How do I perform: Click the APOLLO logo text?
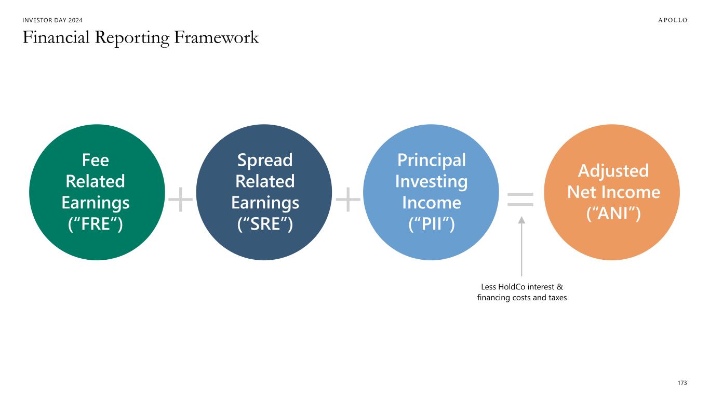[x=673, y=20]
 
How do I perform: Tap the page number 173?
[x=682, y=383]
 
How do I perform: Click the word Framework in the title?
[x=216, y=37]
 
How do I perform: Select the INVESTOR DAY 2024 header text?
[x=52, y=20]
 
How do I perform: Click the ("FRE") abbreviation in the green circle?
[x=95, y=223]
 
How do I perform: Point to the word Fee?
[x=95, y=160]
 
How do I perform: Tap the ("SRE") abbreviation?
[x=265, y=223]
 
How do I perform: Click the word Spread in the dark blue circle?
[x=265, y=161]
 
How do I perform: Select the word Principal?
[x=432, y=161]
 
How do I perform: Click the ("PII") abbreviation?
[x=432, y=223]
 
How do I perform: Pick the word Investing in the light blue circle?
[x=432, y=182]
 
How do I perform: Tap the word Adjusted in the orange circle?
[x=613, y=171]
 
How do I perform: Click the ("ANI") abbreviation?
[x=613, y=213]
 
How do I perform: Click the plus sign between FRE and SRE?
[x=180, y=199]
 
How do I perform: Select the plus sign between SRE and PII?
[x=348, y=199]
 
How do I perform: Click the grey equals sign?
[x=520, y=199]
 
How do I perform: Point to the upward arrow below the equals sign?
[x=521, y=246]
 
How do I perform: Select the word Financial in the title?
[x=56, y=37]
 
